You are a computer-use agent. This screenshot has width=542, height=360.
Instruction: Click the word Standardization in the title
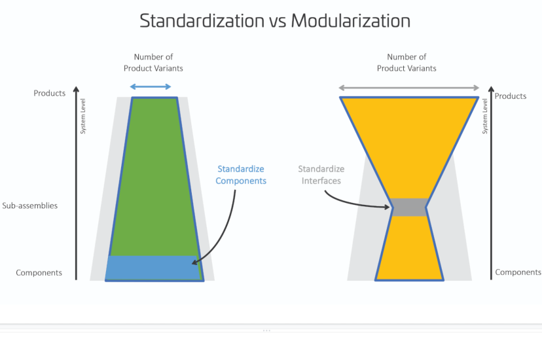coord(202,21)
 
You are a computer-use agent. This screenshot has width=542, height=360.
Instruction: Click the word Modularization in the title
coord(350,21)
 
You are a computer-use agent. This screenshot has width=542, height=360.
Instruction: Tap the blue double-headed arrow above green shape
coord(151,86)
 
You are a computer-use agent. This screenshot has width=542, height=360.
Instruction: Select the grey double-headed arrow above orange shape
coord(409,88)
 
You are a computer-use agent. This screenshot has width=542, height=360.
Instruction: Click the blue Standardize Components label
coord(241,175)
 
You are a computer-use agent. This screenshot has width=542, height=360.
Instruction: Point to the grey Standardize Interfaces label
coord(321,175)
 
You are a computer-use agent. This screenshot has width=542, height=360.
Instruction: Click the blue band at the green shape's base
coord(153,268)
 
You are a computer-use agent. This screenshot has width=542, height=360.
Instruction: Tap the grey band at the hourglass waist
coord(409,207)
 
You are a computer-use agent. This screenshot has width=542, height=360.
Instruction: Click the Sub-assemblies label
coord(29,206)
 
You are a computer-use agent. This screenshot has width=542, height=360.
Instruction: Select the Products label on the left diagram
coord(50,93)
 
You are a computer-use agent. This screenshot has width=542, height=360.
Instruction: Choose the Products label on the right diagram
coord(511,96)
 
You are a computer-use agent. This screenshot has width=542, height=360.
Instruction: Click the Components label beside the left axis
coord(39,272)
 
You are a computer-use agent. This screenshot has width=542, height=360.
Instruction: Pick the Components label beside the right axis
coord(518,272)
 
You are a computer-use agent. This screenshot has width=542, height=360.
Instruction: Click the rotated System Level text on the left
coord(83,116)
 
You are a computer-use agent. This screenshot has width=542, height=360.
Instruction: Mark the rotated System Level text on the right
coord(485,116)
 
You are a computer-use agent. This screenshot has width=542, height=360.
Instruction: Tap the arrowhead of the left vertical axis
coord(76,89)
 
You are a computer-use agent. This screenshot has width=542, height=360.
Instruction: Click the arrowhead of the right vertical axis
coord(491,89)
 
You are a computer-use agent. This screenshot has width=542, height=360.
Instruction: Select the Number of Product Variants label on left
coord(153,63)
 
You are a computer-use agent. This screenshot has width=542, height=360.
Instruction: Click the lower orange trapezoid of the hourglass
coord(409,248)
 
